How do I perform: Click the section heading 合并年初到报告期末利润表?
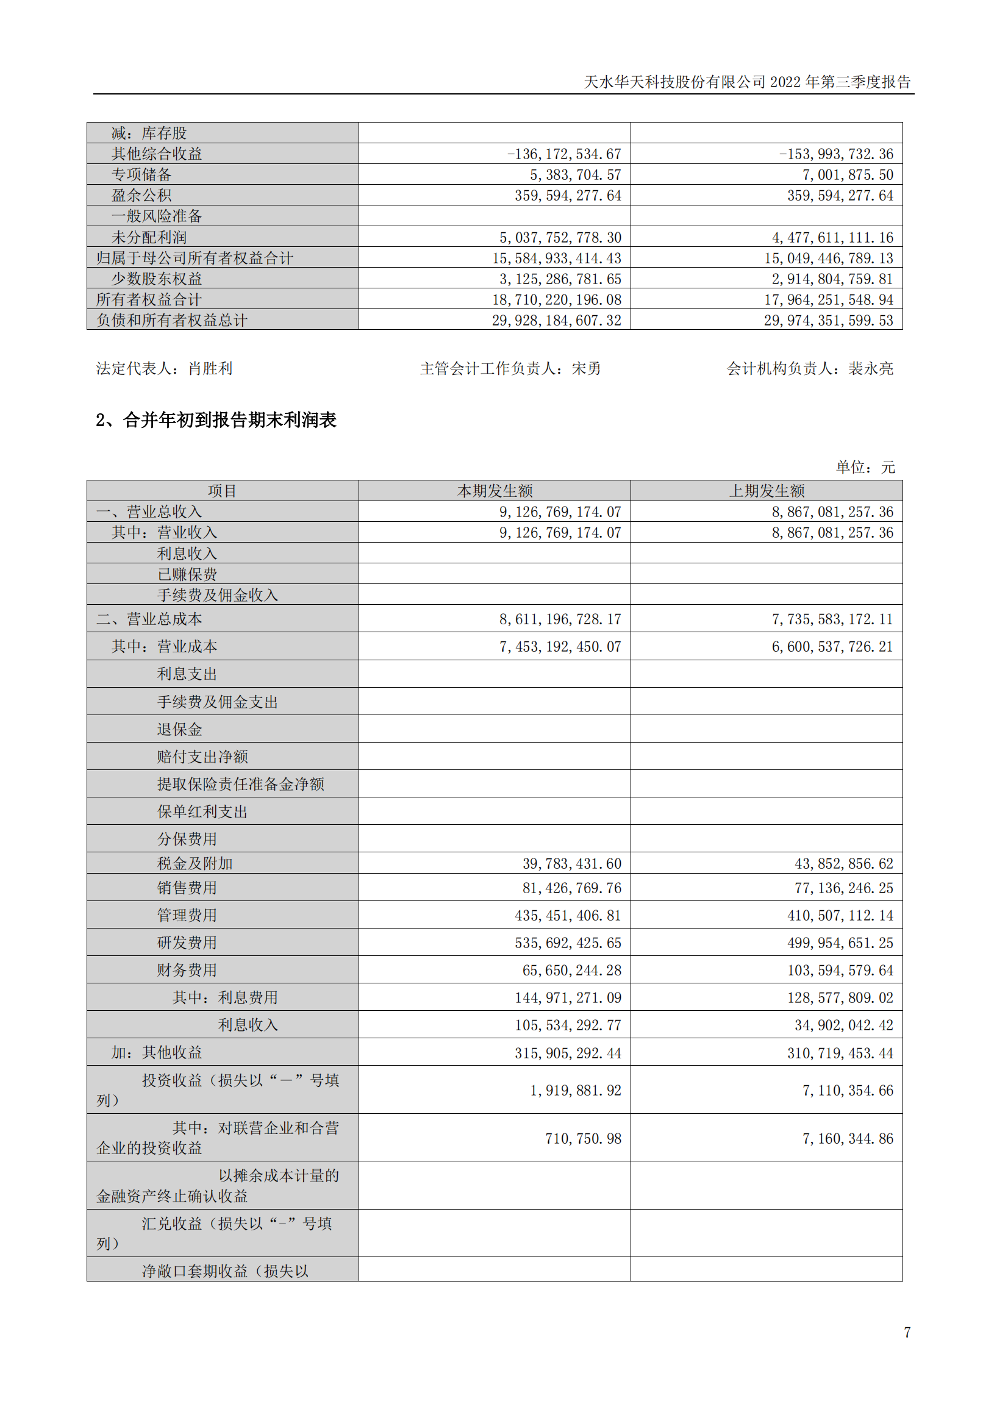229,420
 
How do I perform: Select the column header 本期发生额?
495,491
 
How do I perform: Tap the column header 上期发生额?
767,491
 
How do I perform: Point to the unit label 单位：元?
865,466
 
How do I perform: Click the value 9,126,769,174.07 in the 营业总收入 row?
560,512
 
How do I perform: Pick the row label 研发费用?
187,942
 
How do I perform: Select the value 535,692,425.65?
568,943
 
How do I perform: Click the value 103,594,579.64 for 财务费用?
840,970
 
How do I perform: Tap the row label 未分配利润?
149,237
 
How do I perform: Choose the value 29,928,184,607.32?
557,321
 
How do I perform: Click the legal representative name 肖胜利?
210,368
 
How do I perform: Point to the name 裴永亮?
871,368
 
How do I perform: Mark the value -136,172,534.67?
564,154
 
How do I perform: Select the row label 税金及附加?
195,863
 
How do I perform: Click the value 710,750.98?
583,1138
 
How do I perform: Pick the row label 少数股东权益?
157,279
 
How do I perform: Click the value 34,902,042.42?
843,1025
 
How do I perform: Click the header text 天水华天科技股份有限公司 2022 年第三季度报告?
747,82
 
